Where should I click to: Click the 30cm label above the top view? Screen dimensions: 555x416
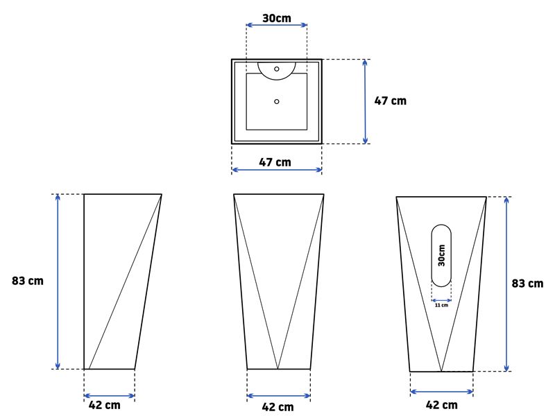277,18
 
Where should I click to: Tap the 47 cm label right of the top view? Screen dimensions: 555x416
391,101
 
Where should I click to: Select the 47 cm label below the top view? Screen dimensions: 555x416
275,162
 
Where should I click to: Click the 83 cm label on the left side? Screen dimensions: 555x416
28,281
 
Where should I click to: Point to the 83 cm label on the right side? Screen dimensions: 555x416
527,284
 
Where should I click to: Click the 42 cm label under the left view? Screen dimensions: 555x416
105,405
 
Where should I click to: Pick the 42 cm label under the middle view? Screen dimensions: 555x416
278,407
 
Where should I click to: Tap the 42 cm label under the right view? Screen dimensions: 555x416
442,405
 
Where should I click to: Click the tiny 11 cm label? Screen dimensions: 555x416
441,305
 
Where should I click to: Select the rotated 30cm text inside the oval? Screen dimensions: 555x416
441,255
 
